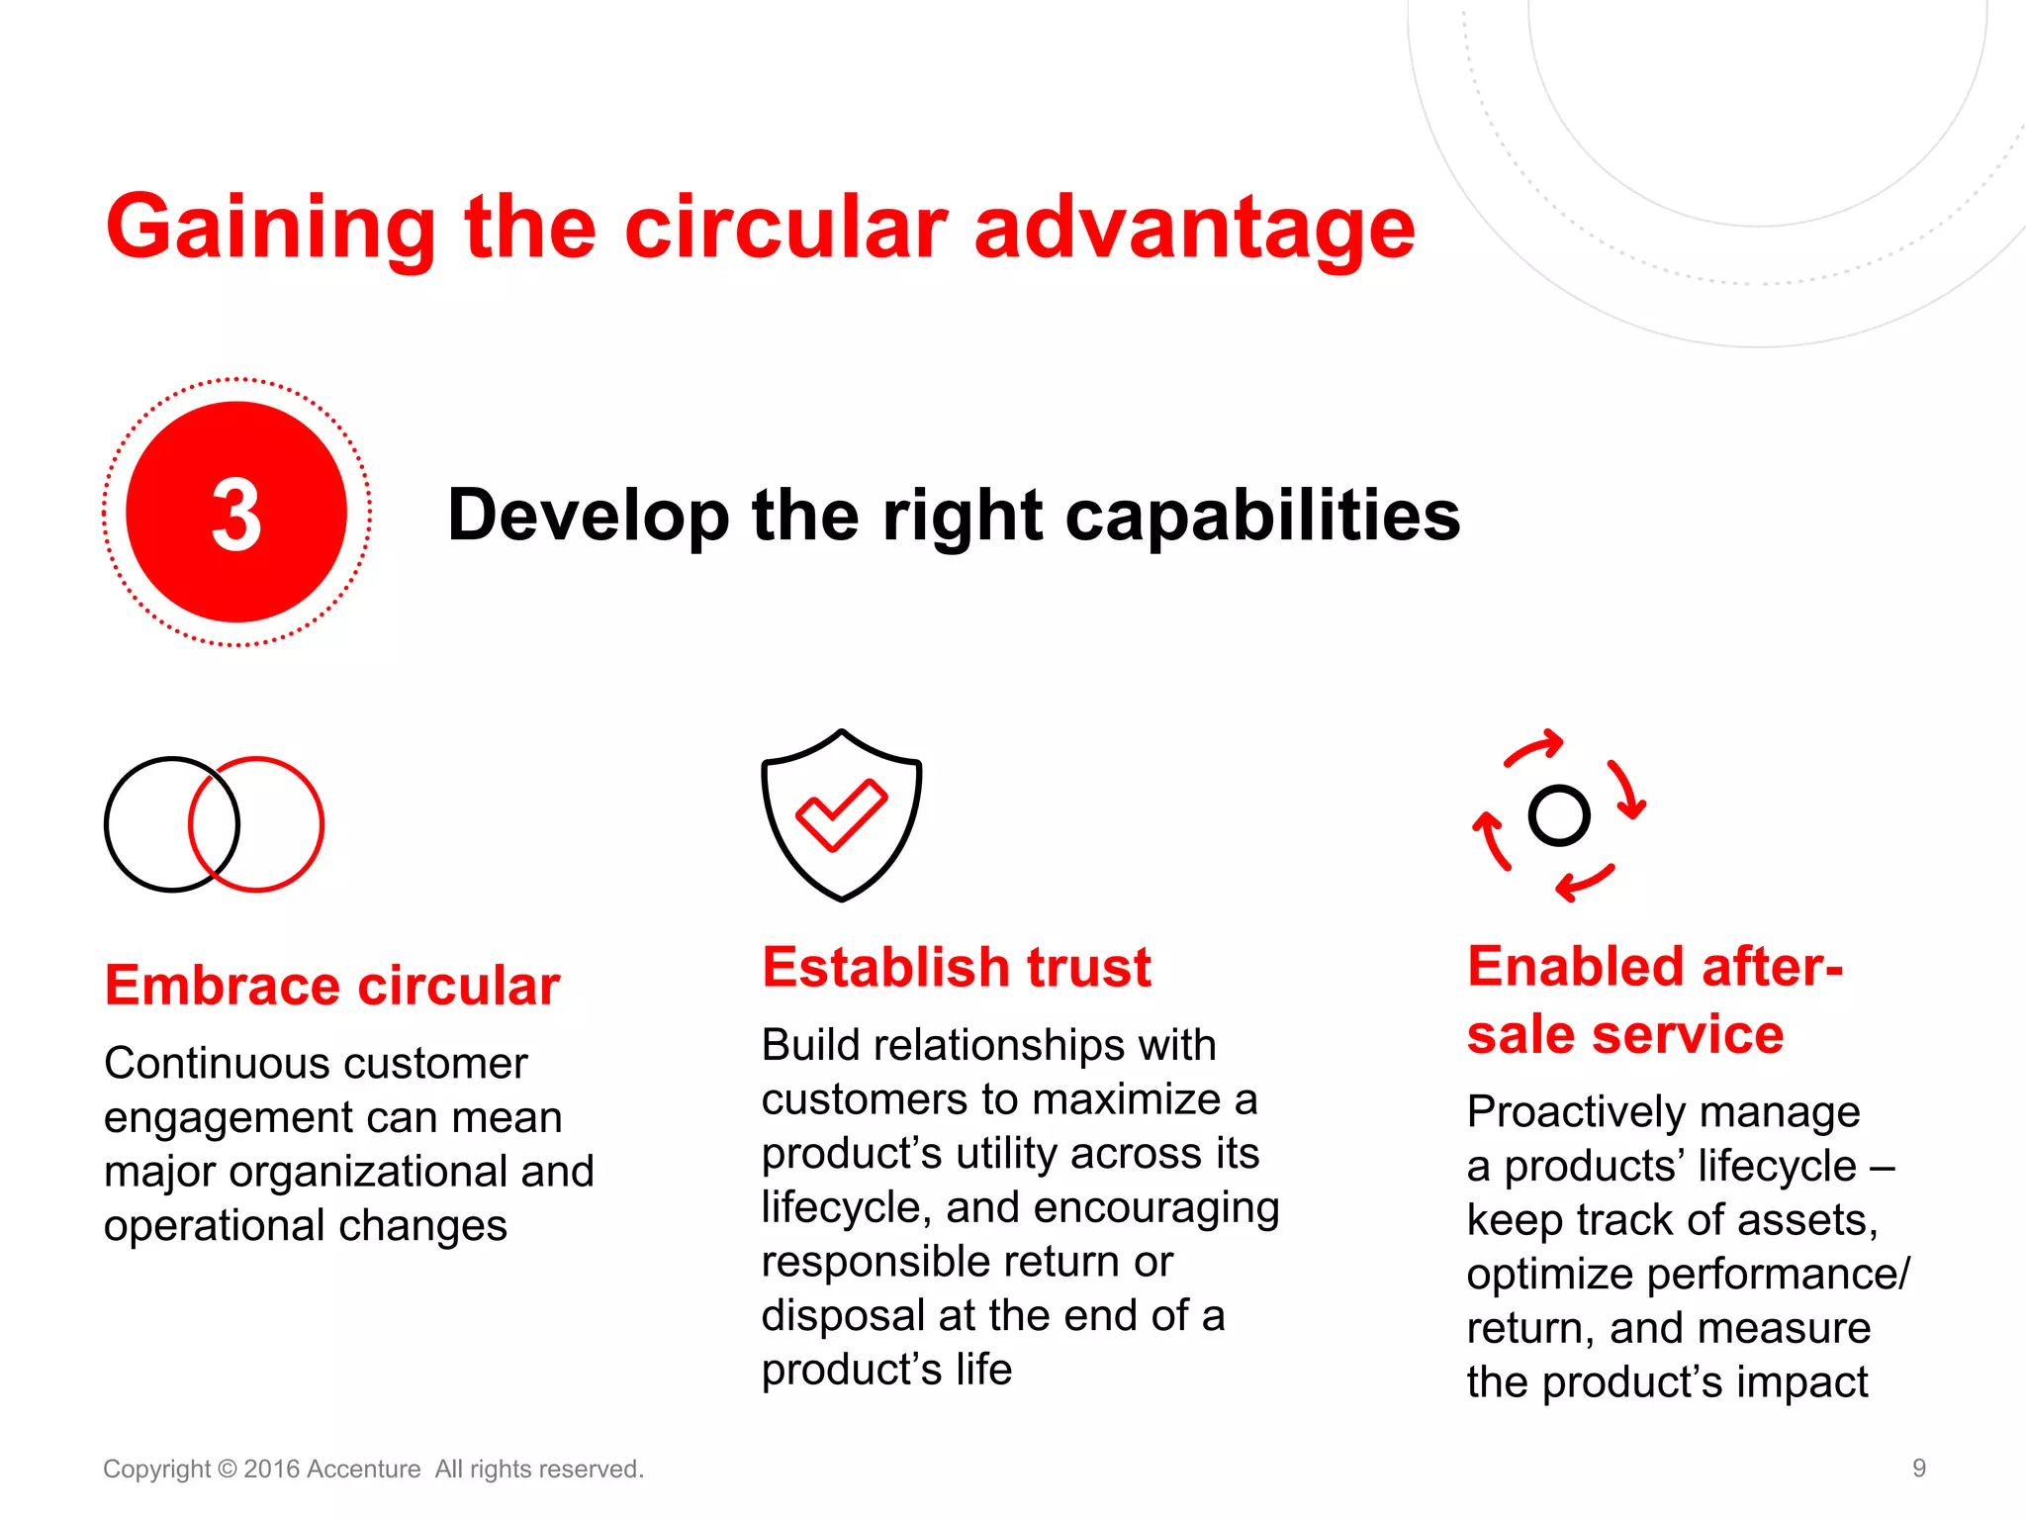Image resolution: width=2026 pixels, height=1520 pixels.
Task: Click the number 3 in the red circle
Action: [236, 515]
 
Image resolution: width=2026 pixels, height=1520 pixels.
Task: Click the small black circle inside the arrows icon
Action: [1558, 815]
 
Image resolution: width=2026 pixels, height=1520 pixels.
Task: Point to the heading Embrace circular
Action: [332, 986]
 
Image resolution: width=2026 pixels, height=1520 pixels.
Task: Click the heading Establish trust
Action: [956, 967]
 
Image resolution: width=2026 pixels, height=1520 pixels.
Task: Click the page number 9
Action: [1918, 1468]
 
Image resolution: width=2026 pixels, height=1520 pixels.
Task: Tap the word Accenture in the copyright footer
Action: [363, 1470]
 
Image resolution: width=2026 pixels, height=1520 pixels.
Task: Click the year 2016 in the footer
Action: [271, 1470]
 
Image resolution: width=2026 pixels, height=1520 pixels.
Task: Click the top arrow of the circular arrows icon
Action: [1534, 748]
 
